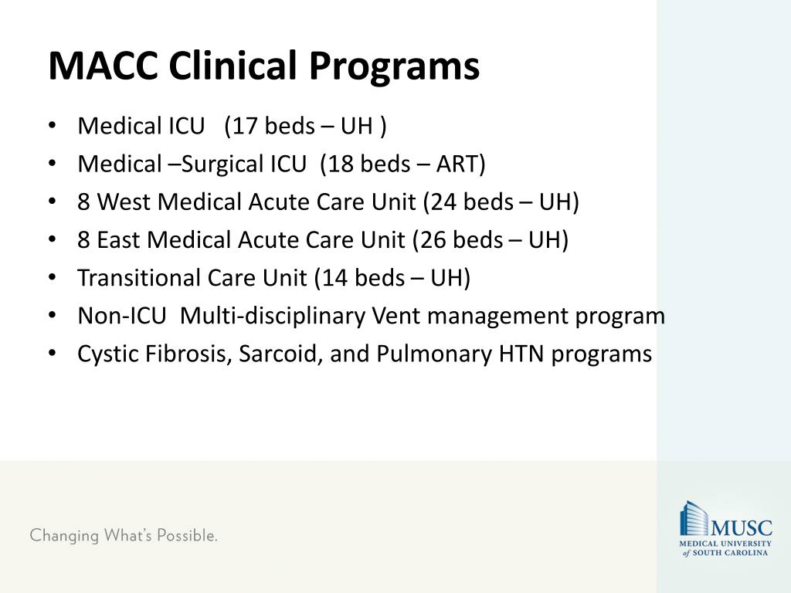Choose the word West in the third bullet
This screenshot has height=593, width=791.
[123, 202]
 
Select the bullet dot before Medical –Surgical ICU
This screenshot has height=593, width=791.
[52, 164]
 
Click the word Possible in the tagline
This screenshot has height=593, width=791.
[187, 535]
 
